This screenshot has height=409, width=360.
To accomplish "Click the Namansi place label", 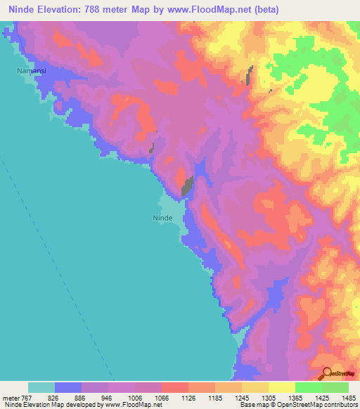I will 31,71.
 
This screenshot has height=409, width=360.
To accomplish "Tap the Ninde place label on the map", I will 163,218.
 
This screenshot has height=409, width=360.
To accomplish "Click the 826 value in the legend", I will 54,398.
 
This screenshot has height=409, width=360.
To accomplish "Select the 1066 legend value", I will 161,398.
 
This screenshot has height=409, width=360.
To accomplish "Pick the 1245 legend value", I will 241,398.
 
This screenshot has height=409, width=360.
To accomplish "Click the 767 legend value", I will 27,398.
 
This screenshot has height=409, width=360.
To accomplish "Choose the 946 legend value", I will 108,398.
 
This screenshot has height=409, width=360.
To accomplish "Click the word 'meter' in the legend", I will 9,398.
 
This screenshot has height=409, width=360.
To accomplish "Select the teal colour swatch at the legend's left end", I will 41,387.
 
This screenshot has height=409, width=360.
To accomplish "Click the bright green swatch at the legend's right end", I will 335,387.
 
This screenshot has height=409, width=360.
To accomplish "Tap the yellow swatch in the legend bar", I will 282,387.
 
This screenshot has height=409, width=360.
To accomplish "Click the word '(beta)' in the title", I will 268,10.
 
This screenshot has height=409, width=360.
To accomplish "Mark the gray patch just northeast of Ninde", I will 188,186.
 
